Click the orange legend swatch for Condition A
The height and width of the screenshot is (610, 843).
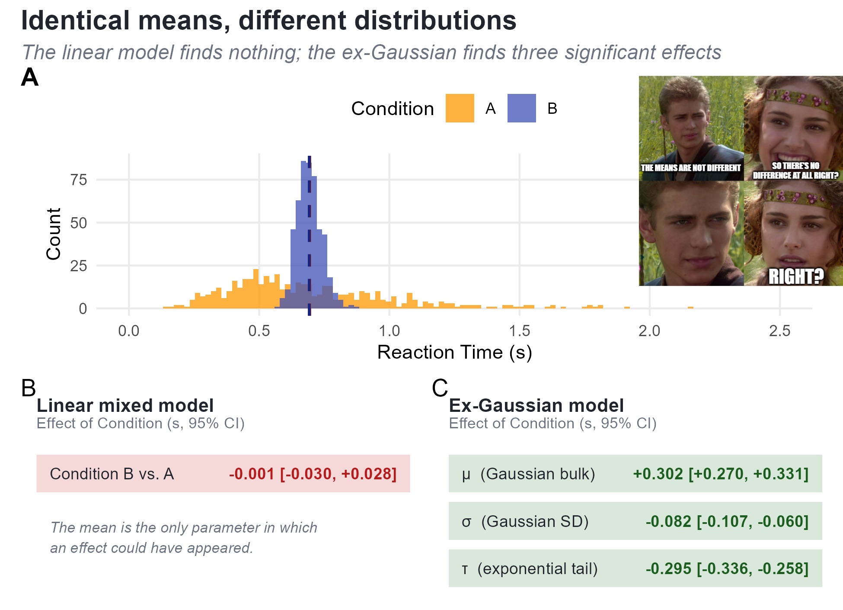(x=460, y=108)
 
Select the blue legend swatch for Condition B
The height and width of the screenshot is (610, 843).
(x=521, y=108)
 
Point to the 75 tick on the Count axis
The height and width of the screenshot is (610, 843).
(x=79, y=180)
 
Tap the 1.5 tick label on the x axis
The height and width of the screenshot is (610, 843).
(x=519, y=331)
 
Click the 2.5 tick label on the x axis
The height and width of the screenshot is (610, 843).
(x=779, y=331)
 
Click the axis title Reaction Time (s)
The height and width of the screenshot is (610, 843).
(x=454, y=352)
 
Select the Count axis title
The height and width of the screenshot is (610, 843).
(x=54, y=234)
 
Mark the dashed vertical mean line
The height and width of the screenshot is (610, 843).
(x=309, y=236)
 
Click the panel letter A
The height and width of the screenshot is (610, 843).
(x=30, y=77)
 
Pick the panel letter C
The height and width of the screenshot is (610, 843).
(x=440, y=388)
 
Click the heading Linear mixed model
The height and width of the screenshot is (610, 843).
(x=125, y=405)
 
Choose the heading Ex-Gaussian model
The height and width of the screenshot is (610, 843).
(x=536, y=405)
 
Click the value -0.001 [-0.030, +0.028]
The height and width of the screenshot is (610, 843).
(x=313, y=474)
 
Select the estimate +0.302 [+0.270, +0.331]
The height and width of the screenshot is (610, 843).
(x=721, y=474)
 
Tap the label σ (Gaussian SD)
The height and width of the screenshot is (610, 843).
(x=525, y=521)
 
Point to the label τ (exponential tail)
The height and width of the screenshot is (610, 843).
(x=530, y=568)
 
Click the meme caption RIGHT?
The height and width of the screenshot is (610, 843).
(x=796, y=276)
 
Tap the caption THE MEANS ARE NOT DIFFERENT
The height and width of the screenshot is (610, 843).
(x=691, y=168)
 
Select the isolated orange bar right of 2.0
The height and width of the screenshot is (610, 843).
(x=690, y=308)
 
